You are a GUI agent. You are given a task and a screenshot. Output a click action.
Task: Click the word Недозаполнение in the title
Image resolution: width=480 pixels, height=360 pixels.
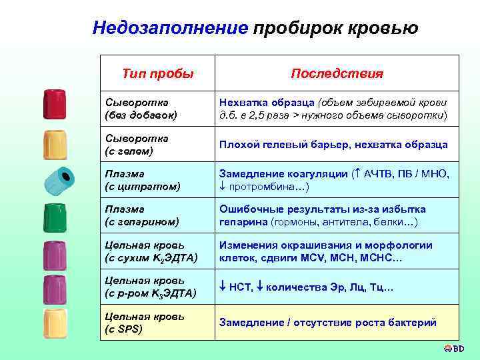[170, 28]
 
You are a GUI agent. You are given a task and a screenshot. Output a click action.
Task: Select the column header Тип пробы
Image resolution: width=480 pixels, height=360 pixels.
[158, 73]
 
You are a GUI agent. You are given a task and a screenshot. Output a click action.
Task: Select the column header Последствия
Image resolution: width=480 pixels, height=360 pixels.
[337, 73]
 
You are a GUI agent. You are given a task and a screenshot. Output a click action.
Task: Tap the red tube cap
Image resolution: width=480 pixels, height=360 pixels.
[54, 104]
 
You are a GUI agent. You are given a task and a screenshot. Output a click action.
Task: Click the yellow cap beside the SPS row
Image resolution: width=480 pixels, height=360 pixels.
[54, 323]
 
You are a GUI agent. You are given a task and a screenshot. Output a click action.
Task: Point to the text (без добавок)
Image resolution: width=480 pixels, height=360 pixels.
[141, 115]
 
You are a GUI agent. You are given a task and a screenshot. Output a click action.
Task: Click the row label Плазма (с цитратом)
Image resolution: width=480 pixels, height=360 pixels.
[143, 180]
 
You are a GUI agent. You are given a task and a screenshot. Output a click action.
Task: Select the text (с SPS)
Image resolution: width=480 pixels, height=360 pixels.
[124, 329]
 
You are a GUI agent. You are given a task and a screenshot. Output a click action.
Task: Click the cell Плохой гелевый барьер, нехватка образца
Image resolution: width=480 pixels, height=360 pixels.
[334, 144]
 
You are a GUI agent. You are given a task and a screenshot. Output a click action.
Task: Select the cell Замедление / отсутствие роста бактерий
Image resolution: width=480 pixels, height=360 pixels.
[328, 323]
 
